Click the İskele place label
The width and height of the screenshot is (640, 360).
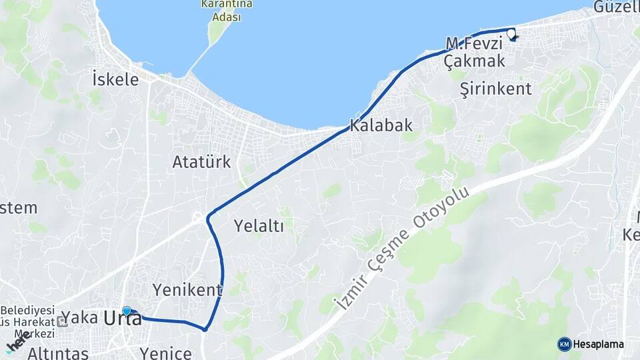coord(116,79)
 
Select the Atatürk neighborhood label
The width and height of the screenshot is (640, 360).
coord(201,161)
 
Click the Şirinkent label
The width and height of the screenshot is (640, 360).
coord(496,89)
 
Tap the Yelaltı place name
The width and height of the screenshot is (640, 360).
coord(259,226)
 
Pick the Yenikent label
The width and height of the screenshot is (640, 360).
coord(187,290)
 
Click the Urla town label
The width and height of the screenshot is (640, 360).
coord(123,319)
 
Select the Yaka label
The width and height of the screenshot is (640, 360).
coord(79,317)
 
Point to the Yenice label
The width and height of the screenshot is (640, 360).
coord(166,353)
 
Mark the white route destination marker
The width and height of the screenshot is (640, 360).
coord(511,33)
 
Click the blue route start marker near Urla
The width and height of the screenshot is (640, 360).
coord(127,311)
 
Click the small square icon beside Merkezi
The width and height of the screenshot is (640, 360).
coord(62,322)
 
